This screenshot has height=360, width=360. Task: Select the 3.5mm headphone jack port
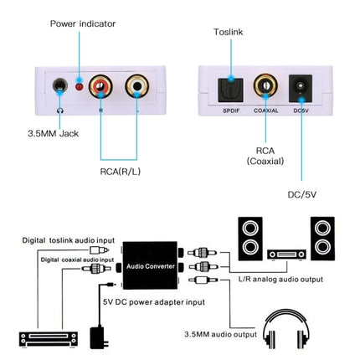point(59,86)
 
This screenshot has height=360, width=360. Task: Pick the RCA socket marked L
point(136,85)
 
